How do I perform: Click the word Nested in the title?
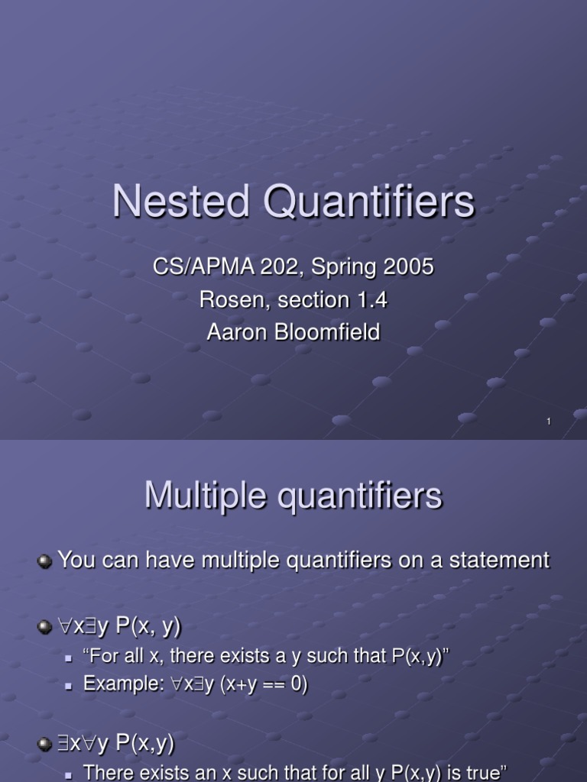tap(182, 202)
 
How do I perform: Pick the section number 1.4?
tap(372, 300)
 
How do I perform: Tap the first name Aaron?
tap(232, 333)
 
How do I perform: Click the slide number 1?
tap(549, 422)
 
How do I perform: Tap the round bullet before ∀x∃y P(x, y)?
tap(45, 628)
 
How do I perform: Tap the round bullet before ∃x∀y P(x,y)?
tap(45, 743)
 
